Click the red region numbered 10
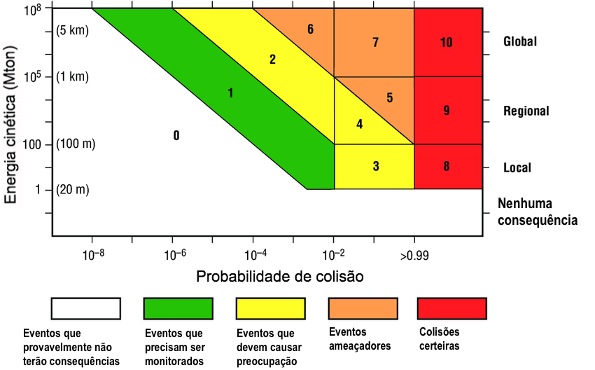pos(447,42)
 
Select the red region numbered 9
pos(447,110)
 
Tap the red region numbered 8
pos(447,167)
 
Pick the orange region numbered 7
pos(375,42)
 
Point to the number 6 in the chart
pos(310,29)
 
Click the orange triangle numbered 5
pos(389,97)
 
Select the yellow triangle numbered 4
pos(359,125)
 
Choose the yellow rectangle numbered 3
pos(375,167)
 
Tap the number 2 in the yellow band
pos(272,59)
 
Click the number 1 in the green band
pos(230,92)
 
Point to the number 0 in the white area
pos(176,135)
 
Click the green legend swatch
pos(178,308)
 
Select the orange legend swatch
pos(363,308)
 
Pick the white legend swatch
pos(85,308)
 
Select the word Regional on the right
pos(526,111)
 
